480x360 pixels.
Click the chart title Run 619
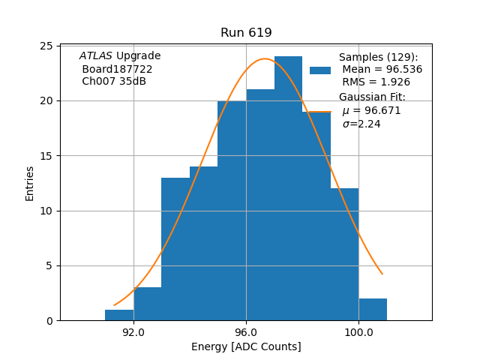point(246,33)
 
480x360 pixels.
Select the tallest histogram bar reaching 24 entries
point(288,187)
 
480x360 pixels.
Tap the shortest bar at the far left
point(119,315)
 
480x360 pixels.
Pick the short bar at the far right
point(373,310)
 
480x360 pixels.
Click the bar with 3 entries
point(148,304)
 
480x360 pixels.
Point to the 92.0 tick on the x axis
point(133,332)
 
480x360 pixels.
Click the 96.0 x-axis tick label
point(246,332)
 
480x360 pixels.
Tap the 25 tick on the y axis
point(46,46)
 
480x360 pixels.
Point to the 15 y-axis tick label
point(46,156)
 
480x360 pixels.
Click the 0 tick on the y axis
point(49,321)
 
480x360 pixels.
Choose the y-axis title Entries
point(30,183)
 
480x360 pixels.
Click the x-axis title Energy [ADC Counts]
point(246,346)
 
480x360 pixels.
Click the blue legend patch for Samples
point(320,70)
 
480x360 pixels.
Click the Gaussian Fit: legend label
point(372,97)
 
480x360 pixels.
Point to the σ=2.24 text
point(361,124)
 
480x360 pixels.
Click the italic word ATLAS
point(96,56)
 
